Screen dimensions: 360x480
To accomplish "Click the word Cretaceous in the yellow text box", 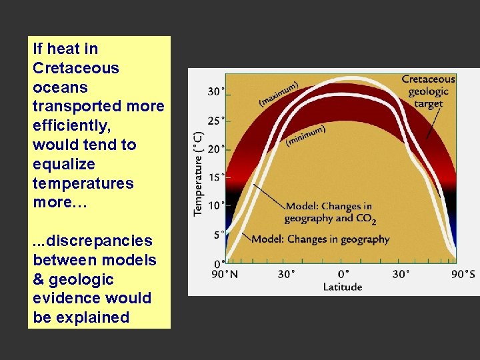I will [x=75, y=68].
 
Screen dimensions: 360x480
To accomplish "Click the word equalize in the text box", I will [x=63, y=164].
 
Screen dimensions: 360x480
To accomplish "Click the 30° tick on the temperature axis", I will [x=215, y=91].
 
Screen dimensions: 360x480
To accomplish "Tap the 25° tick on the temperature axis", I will [x=215, y=121].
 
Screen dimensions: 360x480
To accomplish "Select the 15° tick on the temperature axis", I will [x=215, y=177].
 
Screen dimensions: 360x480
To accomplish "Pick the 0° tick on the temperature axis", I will [x=218, y=264].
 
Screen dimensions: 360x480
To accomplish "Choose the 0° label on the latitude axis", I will [x=343, y=274].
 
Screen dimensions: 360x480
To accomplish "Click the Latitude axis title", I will [x=343, y=287].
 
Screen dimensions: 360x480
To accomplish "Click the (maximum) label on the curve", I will [x=278, y=95].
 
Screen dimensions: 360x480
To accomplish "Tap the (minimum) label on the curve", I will [x=306, y=135].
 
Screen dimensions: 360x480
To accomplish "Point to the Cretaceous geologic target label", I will [x=428, y=91].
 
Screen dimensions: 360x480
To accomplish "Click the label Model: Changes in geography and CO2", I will [x=329, y=212].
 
